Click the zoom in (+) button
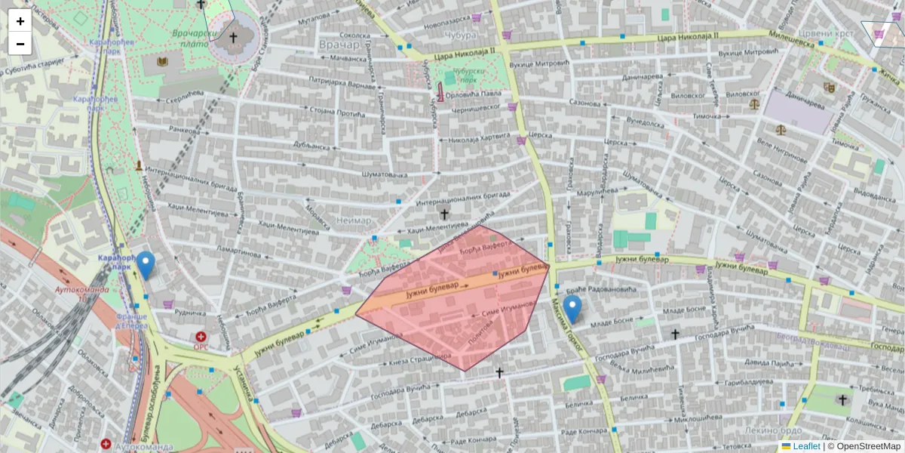(x=20, y=21)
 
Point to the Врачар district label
(x=339, y=45)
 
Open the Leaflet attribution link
(x=806, y=446)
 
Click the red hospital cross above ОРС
(x=201, y=337)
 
